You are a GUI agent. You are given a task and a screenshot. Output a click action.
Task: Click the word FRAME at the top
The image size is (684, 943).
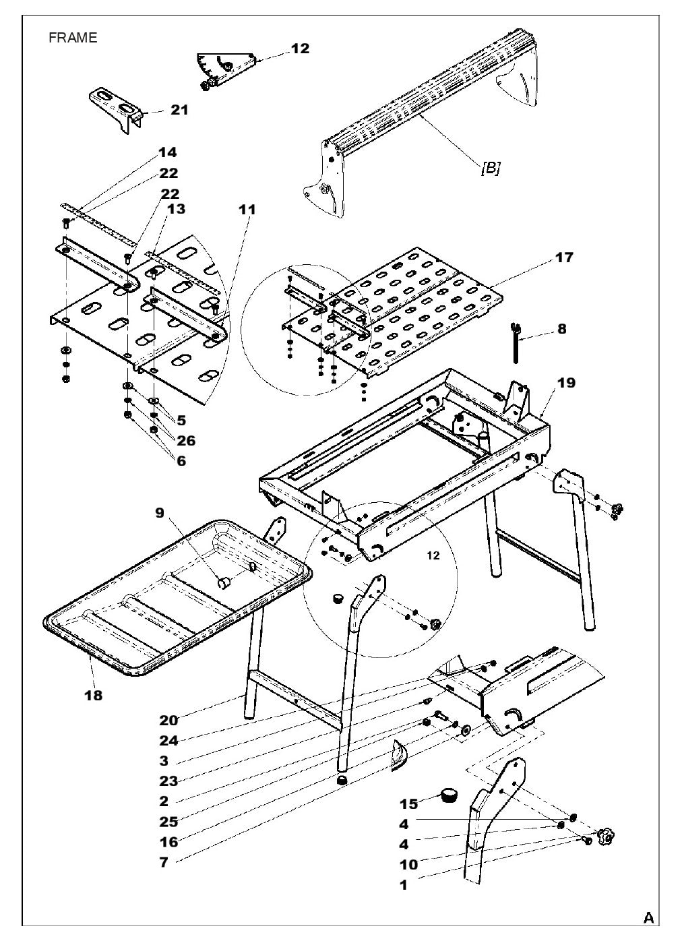73,38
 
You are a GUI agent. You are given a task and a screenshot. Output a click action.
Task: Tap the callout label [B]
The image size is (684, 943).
490,168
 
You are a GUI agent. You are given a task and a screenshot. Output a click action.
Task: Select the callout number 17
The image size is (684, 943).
564,257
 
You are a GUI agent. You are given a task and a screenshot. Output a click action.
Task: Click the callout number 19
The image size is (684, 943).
566,383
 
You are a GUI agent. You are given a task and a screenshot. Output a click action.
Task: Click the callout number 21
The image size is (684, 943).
179,109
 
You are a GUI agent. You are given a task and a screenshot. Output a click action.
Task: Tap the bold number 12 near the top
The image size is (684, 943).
300,49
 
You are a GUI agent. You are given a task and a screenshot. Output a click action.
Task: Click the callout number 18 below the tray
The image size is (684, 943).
93,695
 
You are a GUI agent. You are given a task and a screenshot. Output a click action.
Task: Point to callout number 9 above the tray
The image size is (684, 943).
160,513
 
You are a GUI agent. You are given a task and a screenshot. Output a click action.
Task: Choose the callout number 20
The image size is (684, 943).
168,720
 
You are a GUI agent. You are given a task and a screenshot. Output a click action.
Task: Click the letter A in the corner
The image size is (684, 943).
648,917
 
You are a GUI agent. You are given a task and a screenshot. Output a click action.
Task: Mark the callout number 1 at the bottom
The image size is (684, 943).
404,886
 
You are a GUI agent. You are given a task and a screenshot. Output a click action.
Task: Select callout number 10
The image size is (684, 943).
408,864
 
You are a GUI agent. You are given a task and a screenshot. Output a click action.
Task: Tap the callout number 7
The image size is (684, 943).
164,862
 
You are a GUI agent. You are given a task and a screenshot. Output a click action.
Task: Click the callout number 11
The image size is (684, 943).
247,210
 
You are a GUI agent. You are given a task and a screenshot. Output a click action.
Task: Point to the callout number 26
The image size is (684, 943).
185,441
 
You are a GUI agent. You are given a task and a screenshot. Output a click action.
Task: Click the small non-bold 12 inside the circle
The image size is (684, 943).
433,555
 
